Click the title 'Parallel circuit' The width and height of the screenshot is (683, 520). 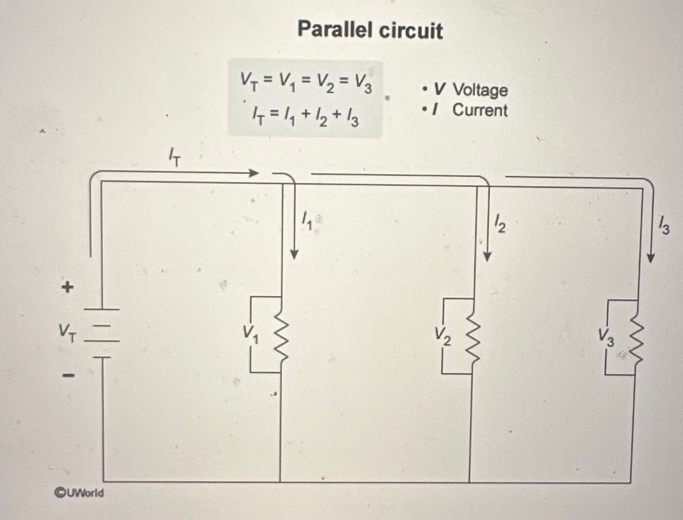coord(370,30)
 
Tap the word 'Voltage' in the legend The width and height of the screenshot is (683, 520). coord(480,90)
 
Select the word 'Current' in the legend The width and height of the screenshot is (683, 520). coord(480,110)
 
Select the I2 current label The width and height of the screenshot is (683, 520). coord(500,223)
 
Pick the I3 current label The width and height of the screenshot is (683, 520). coord(664,226)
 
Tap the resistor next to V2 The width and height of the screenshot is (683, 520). coord(472,336)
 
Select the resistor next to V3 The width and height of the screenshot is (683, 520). coord(636,338)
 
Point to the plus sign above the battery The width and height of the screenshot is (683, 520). coord(67,287)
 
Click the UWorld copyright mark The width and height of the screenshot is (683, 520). coord(79,493)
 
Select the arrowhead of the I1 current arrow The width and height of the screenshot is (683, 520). coord(294,254)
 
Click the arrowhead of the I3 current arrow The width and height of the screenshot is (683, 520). coord(651,257)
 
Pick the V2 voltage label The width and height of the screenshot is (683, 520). coord(443,336)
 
